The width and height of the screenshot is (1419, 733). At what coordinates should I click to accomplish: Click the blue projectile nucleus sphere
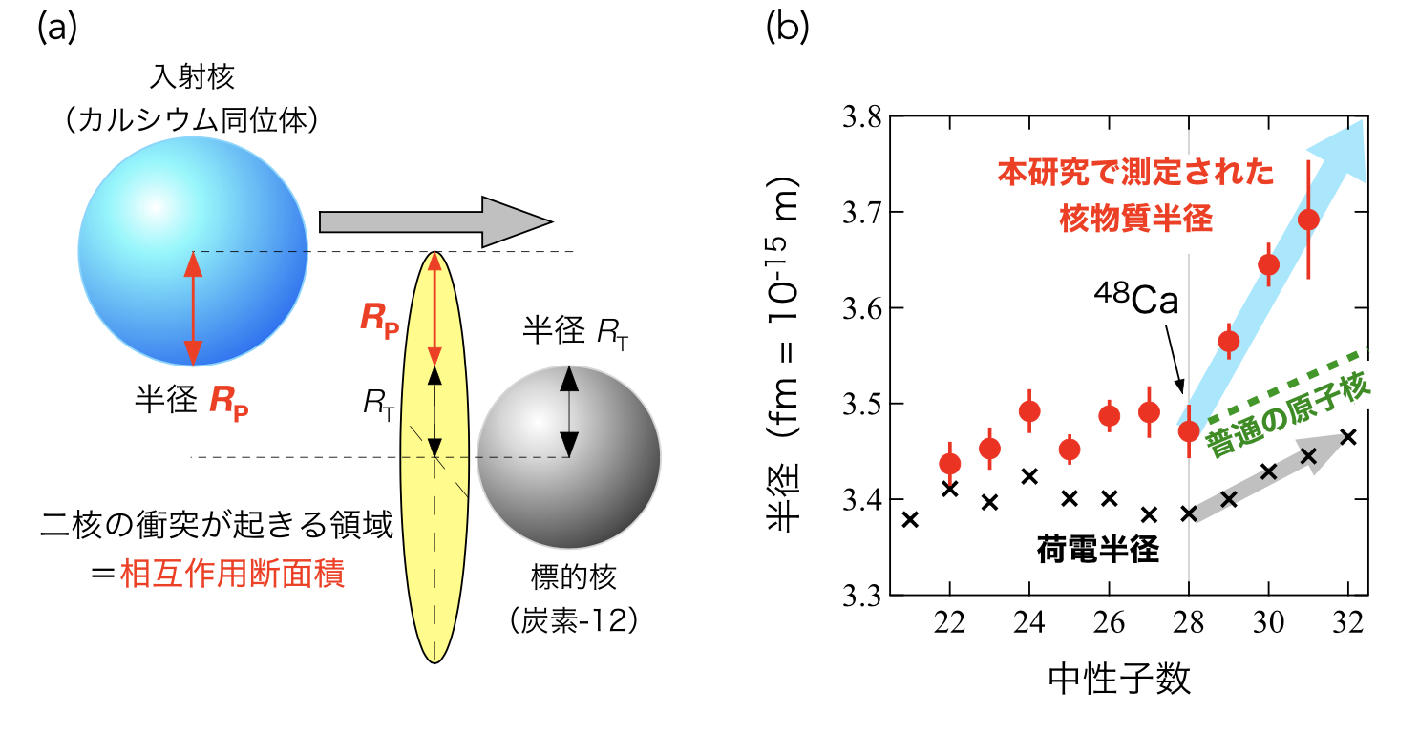[193, 252]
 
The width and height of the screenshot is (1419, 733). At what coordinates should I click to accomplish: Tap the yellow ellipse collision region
[435, 534]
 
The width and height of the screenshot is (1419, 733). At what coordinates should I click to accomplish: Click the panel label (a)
[56, 29]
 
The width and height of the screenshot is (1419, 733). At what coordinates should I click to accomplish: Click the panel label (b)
[788, 29]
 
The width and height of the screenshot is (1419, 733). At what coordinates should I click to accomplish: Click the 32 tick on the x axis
[1347, 620]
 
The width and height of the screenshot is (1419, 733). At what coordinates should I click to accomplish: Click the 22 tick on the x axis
[949, 620]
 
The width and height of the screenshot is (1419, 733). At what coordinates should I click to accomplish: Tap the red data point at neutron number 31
[1308, 220]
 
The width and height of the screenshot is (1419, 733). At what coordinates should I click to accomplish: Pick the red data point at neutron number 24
[1029, 411]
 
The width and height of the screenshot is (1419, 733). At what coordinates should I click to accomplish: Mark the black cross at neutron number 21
[910, 519]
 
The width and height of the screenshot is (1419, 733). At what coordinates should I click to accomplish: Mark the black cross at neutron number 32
[1347, 437]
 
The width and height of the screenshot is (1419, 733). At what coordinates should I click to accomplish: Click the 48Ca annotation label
[1135, 301]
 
